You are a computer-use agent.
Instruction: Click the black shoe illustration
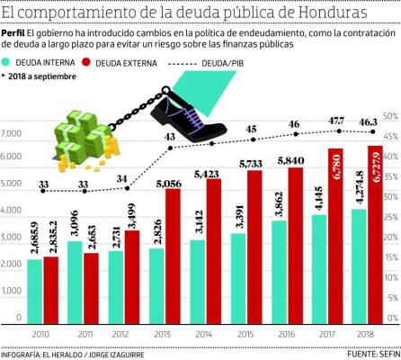192,101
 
